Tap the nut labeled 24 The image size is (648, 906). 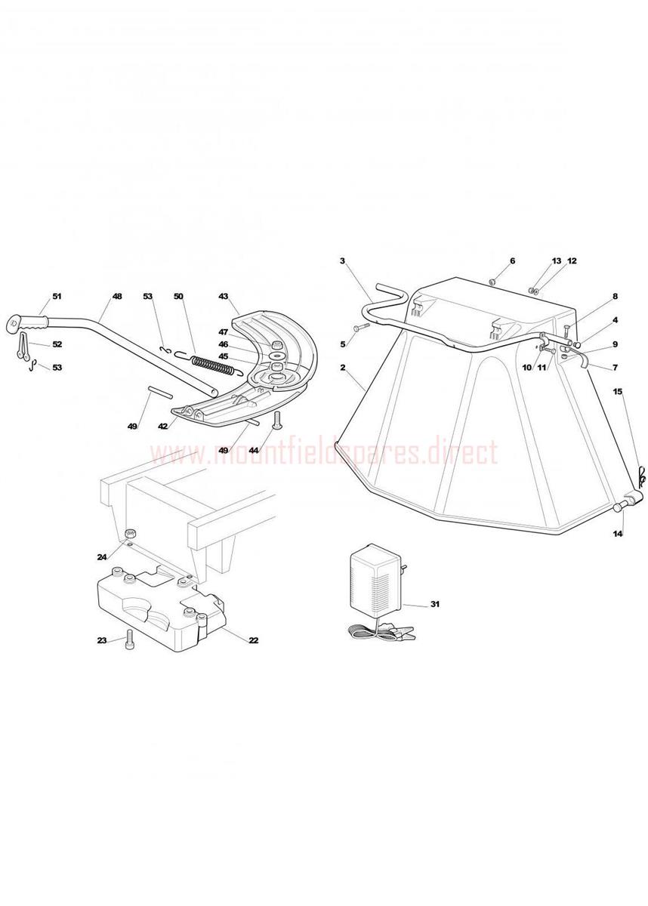[x=130, y=534]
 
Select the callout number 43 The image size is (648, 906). [x=224, y=297]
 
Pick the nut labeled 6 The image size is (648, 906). [x=492, y=282]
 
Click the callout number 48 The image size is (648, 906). [x=116, y=297]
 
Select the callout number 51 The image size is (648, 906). [x=57, y=297]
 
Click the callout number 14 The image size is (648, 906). [x=618, y=534]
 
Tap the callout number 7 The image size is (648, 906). [x=616, y=368]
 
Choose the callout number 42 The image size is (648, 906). [x=162, y=426]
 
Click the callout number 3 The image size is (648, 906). [x=343, y=261]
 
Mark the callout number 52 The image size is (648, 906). [x=57, y=344]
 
